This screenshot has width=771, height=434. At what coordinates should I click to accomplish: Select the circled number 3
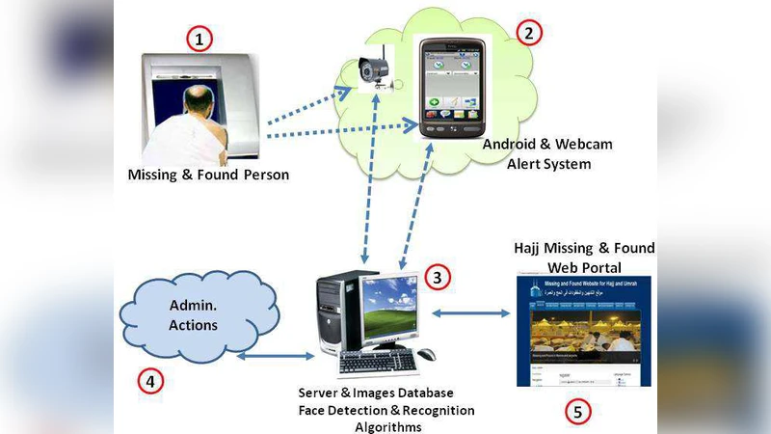[438, 278]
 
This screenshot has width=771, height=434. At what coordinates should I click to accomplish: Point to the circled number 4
[149, 381]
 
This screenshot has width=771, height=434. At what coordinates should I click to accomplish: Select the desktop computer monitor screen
[389, 308]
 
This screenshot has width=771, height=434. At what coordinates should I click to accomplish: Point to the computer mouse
[426, 354]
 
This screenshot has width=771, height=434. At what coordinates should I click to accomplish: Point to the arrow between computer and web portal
[470, 312]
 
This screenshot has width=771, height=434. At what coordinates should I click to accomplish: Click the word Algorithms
[387, 425]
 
